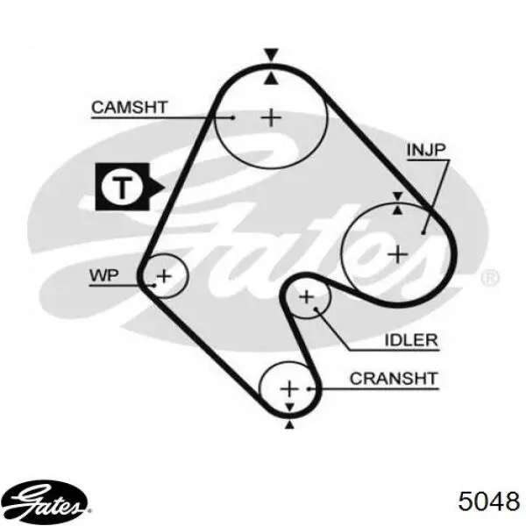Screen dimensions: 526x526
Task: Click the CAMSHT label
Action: click(x=129, y=107)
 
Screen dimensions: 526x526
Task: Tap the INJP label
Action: click(x=426, y=150)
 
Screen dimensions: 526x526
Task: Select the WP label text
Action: click(x=104, y=275)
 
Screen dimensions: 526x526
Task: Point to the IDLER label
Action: click(x=411, y=340)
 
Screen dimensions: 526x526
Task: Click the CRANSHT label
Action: click(x=394, y=379)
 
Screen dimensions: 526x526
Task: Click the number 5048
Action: click(x=489, y=501)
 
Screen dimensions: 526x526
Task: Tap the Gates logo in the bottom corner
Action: click(x=45, y=501)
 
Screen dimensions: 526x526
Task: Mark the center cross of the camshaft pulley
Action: click(x=271, y=117)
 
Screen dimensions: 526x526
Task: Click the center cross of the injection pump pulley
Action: click(x=398, y=254)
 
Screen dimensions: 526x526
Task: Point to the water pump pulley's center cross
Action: click(x=165, y=276)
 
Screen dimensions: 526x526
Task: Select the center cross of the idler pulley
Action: click(x=306, y=297)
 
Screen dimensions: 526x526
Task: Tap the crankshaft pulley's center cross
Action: click(x=289, y=389)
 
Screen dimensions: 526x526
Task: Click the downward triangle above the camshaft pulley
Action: click(x=271, y=54)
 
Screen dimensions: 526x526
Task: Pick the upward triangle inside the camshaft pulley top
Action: click(x=271, y=79)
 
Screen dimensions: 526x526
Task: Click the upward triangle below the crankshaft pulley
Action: click(x=289, y=425)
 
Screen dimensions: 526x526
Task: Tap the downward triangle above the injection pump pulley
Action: click(x=397, y=196)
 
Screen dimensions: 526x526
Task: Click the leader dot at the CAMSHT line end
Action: click(x=233, y=117)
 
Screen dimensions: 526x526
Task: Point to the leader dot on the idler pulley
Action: click(x=316, y=308)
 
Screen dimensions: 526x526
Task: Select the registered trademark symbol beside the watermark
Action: click(x=490, y=278)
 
